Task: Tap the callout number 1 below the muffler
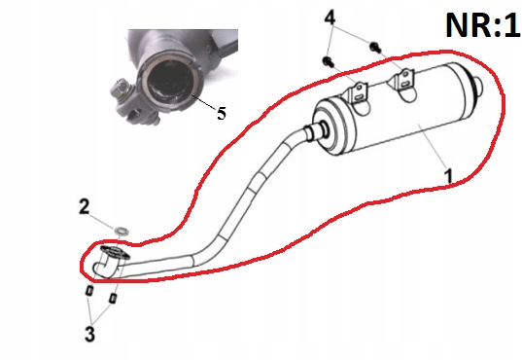click(447, 175)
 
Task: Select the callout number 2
click(84, 206)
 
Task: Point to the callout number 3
click(88, 335)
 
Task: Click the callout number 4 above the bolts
click(331, 18)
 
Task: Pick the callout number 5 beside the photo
click(222, 113)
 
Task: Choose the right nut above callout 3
click(113, 296)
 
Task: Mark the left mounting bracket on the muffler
click(357, 93)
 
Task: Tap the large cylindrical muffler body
click(408, 122)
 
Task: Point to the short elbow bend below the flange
click(101, 267)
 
